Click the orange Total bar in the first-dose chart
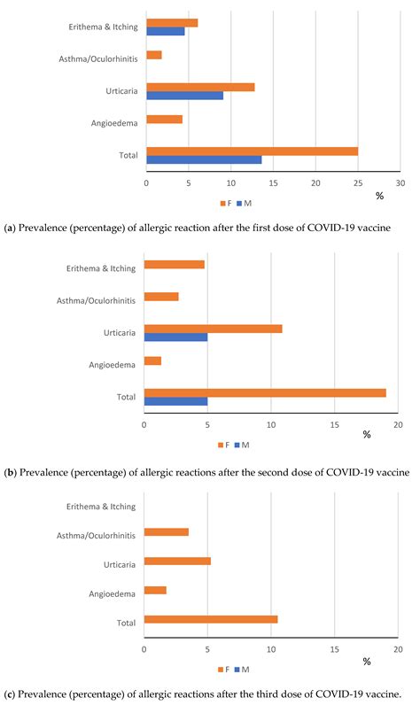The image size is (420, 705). (252, 151)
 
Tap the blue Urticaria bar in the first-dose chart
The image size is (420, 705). (184, 95)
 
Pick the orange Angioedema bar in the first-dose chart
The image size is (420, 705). (164, 119)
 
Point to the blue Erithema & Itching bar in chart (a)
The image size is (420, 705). (165, 31)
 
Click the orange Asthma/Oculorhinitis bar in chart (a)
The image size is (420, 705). (153, 55)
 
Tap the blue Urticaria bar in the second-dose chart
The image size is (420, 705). (175, 337)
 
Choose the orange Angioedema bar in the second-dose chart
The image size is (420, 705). (152, 360)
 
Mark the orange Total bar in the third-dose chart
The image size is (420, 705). (211, 619)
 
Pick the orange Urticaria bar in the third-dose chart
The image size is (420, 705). (177, 561)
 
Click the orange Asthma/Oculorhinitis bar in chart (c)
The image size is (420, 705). (166, 531)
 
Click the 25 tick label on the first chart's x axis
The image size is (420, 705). (357, 184)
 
